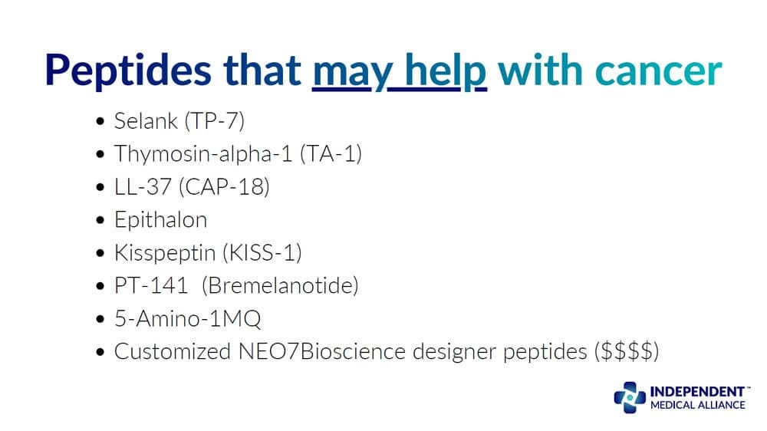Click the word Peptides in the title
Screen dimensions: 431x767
click(x=127, y=71)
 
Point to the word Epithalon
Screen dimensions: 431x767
click(x=160, y=219)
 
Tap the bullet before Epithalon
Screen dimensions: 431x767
click(x=101, y=221)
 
